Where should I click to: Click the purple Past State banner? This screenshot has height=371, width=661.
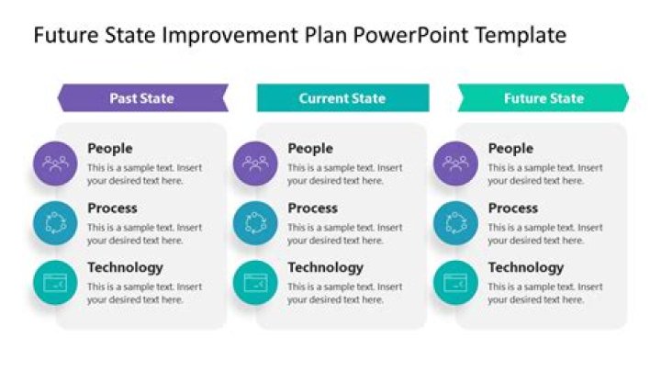[142, 98]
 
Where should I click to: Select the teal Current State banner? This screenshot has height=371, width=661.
[342, 98]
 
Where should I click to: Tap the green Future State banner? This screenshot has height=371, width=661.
[543, 98]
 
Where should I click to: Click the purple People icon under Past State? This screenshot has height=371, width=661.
[56, 163]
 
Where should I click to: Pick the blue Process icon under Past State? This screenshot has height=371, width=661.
[56, 223]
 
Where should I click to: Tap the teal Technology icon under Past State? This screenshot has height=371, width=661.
[56, 283]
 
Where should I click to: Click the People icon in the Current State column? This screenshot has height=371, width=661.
[255, 163]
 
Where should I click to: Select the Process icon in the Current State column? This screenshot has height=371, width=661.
[255, 223]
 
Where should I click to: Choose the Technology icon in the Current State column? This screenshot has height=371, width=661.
[255, 283]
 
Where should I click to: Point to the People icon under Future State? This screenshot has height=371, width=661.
[455, 163]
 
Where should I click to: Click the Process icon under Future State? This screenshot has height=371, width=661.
[455, 223]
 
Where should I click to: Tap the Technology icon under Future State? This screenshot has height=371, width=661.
[455, 283]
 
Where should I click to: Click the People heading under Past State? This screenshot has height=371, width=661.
[110, 149]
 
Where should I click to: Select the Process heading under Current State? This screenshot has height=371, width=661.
[312, 208]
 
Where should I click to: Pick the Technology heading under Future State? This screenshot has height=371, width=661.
[526, 268]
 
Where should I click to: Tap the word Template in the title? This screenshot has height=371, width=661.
[520, 36]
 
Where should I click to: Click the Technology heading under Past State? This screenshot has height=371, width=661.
[125, 268]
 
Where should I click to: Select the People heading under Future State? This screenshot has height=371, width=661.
[510, 149]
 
